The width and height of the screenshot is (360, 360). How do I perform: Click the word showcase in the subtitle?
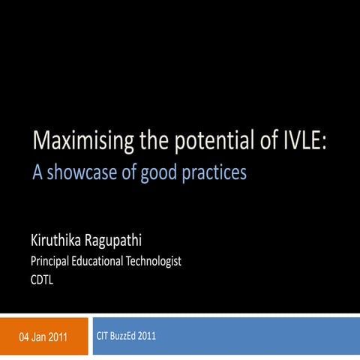coord(78,173)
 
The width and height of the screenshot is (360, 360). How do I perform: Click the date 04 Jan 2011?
coord(43,337)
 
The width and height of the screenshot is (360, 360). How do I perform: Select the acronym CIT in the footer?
coord(103,335)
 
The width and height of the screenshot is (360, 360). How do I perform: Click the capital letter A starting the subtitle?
coord(36,173)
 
